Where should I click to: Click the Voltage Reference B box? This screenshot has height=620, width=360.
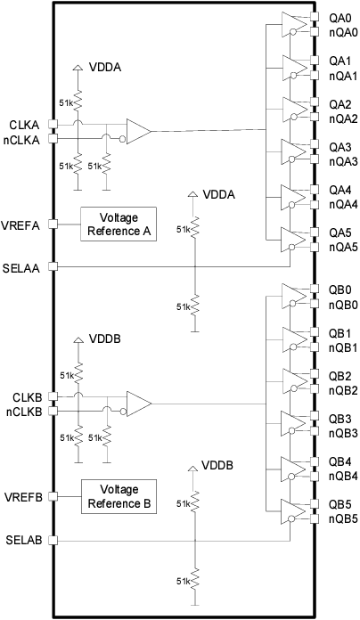[x=118, y=496]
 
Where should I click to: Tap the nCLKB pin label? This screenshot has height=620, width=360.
[x=26, y=411]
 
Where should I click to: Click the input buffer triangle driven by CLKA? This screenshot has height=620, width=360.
[x=138, y=132]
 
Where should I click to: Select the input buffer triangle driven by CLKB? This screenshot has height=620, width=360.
[x=138, y=404]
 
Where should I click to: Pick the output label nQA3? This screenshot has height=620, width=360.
[x=343, y=161]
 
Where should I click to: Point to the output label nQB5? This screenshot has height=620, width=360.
[x=343, y=518]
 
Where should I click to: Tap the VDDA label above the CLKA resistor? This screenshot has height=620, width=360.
[x=105, y=67]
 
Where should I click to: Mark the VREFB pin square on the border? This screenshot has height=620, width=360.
[x=53, y=496]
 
